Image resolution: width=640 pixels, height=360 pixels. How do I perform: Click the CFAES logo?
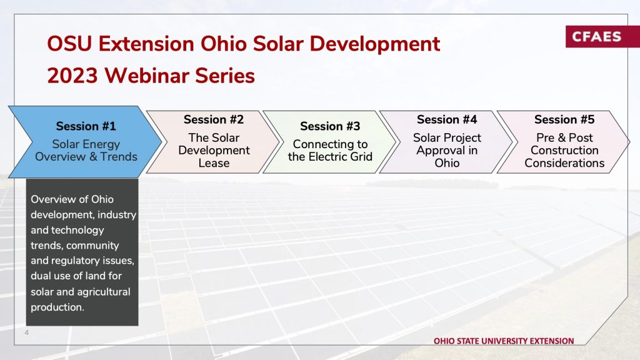(602, 36)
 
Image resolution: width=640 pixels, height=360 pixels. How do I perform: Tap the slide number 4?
(26, 332)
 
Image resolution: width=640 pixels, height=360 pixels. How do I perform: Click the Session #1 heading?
(86, 126)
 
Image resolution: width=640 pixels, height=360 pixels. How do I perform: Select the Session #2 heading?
(214, 119)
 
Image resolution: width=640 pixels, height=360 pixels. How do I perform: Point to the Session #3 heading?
(330, 126)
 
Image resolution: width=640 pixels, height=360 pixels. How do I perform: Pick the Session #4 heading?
(447, 119)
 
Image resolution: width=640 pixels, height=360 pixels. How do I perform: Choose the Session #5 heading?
(564, 119)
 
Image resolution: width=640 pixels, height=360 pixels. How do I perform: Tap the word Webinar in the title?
(146, 76)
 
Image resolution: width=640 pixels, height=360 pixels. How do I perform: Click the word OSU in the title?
(69, 44)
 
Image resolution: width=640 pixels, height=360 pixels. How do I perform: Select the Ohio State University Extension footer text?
(504, 341)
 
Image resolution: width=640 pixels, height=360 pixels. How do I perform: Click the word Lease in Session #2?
(214, 163)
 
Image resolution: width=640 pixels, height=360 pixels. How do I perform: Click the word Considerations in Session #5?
(564, 163)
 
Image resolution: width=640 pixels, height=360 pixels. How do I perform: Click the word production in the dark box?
(57, 307)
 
